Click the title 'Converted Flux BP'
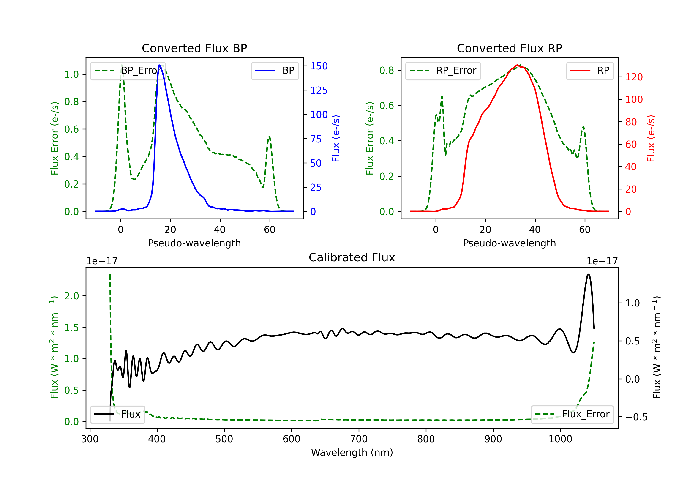[194, 48]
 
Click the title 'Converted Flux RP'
[509, 48]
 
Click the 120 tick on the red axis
[634, 77]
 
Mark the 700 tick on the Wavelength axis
[359, 439]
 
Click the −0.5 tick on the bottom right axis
[636, 417]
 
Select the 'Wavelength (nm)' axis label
[352, 452]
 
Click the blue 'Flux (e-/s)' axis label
[336, 138]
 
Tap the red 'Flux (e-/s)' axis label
[651, 138]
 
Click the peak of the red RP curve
[517, 65]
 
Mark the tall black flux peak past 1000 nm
[589, 274]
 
